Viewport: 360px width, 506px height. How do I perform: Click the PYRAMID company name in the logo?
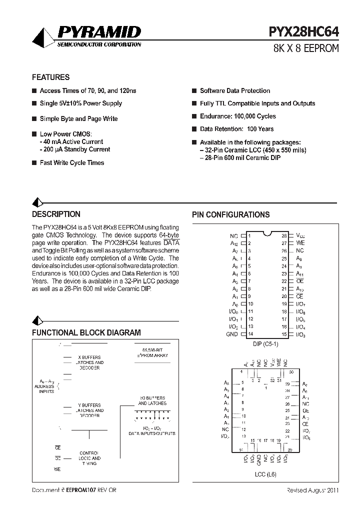[x=99, y=33]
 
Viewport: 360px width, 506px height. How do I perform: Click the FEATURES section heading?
[x=50, y=77]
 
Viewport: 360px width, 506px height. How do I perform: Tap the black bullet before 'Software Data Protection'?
[x=194, y=91]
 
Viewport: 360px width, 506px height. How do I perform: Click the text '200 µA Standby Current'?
[x=76, y=149]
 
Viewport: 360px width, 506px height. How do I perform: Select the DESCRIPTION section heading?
[x=56, y=214]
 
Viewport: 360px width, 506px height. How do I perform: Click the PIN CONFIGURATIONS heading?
[x=231, y=215]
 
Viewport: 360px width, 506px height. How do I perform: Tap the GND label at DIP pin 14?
[x=232, y=334]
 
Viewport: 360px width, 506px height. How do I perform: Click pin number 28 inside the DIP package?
[x=283, y=235]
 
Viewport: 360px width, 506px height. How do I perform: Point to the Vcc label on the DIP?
[x=300, y=235]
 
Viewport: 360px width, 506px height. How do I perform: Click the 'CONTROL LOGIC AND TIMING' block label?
[x=89, y=458]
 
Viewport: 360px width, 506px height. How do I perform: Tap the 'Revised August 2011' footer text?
[x=312, y=490]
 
